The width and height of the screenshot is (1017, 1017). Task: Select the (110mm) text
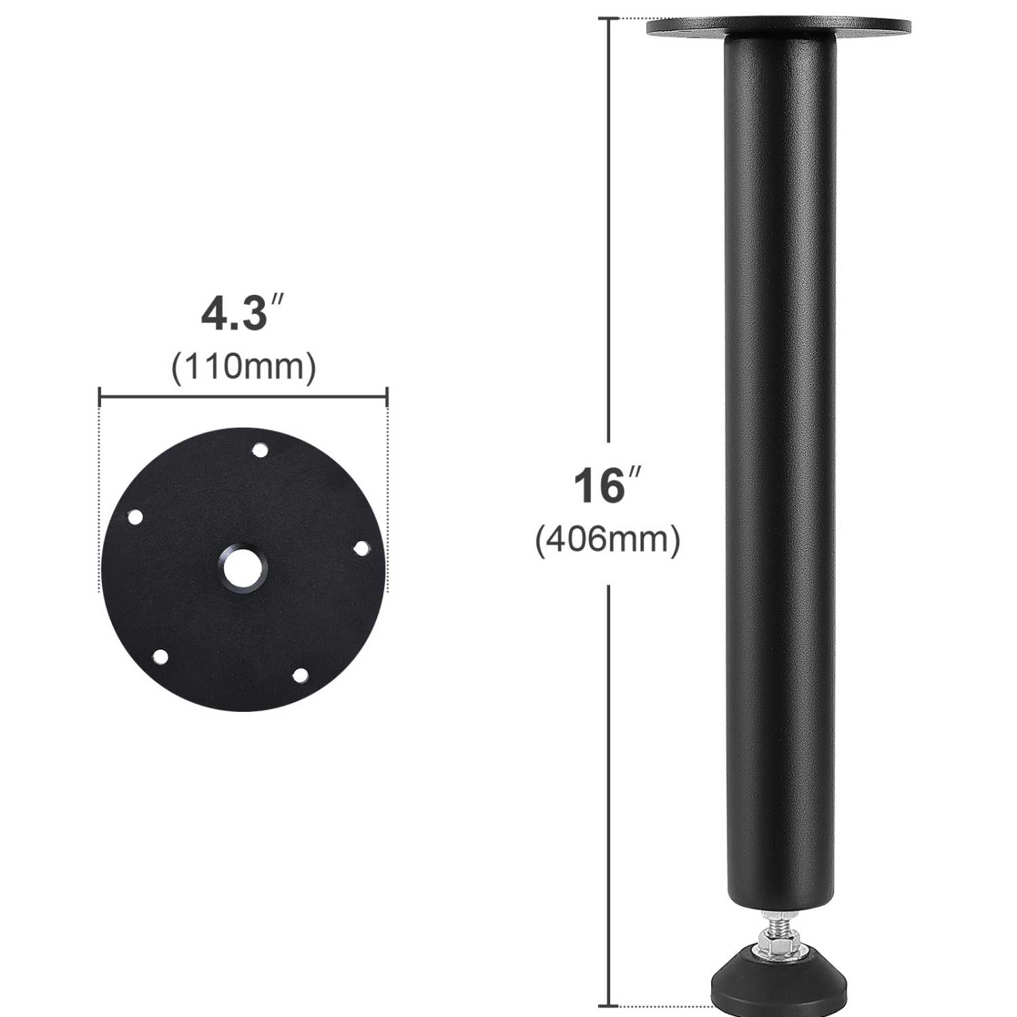coord(244,367)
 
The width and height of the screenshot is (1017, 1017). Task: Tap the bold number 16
coord(599,485)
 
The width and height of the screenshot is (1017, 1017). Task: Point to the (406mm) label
coord(607,540)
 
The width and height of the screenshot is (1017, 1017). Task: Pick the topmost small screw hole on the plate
coord(259,450)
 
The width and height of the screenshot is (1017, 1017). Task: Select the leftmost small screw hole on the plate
coord(136,518)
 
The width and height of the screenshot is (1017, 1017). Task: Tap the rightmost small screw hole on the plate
coord(361,548)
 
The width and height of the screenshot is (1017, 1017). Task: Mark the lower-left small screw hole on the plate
coord(161,656)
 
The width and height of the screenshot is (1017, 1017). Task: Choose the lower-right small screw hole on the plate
coord(300,675)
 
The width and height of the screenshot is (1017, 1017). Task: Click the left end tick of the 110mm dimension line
coord(100,397)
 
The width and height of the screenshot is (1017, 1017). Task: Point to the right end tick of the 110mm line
coord(387,397)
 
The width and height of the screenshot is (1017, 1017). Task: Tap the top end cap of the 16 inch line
coord(608,19)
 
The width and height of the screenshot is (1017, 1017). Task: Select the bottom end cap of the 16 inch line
coord(608,1005)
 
